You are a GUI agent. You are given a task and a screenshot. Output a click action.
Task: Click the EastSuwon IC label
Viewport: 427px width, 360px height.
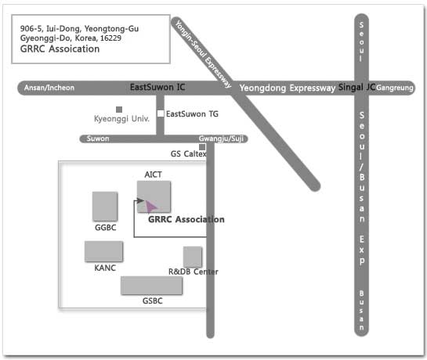(157, 87)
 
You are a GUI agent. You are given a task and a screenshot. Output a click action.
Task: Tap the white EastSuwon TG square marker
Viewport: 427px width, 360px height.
(161, 113)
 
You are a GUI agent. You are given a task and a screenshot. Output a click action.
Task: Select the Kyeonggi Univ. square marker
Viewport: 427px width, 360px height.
(119, 110)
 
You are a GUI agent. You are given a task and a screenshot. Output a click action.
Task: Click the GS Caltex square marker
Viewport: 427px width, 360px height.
(202, 147)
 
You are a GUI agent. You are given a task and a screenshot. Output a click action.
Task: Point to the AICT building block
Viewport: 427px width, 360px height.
(154, 196)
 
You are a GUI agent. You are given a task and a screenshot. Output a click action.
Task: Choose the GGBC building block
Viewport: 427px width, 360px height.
(105, 207)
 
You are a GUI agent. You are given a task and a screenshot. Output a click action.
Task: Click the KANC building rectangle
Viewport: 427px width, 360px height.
(103, 251)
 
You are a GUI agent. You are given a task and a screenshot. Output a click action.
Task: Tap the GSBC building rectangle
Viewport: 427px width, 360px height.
(151, 286)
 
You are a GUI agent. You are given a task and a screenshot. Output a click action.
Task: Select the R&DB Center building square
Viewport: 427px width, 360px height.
(193, 257)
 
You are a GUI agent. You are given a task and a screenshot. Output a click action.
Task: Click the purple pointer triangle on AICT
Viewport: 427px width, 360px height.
(150, 207)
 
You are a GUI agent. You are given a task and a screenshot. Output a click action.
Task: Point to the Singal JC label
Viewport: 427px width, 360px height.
(356, 87)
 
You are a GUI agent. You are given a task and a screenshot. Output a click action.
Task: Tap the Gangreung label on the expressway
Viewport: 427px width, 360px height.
(395, 88)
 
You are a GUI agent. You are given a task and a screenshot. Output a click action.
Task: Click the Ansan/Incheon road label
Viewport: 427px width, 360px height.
(49, 88)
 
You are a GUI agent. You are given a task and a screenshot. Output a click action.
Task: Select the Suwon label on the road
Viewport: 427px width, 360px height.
(98, 139)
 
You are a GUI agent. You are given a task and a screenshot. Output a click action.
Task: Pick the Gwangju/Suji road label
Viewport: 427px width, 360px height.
(221, 139)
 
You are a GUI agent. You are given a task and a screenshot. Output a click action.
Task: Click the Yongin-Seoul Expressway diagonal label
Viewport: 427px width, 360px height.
(203, 54)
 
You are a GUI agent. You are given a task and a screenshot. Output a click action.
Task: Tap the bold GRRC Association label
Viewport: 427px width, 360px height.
(186, 219)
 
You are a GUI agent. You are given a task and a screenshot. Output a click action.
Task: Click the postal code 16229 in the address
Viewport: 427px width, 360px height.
(110, 38)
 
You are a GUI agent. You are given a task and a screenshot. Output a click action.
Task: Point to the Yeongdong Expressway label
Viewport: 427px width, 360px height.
(288, 88)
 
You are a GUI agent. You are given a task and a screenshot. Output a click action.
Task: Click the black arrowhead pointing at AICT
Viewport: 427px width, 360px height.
(140, 201)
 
